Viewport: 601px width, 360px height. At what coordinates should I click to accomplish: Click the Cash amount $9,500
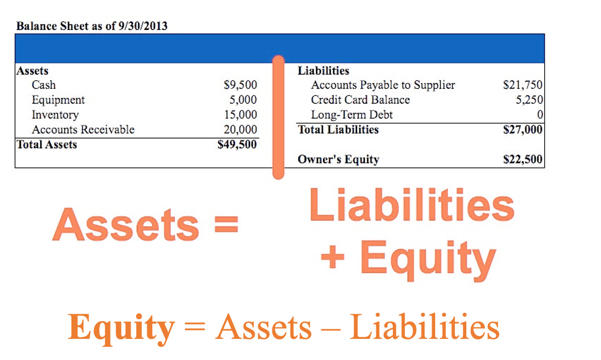(240, 85)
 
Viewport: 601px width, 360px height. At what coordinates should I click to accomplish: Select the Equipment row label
(58, 100)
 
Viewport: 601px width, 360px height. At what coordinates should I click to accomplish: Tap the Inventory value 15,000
(240, 115)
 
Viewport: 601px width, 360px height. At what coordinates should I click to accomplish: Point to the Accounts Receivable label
(83, 130)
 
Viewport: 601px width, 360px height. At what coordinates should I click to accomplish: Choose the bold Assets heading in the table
(32, 71)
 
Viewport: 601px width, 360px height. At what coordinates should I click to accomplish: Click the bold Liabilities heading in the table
(323, 71)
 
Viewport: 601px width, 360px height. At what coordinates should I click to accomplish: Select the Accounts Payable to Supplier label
(383, 85)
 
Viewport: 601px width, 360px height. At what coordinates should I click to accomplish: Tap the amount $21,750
(523, 85)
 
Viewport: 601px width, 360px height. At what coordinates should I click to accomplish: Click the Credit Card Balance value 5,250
(529, 100)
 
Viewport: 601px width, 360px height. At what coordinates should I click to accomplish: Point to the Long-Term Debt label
(352, 115)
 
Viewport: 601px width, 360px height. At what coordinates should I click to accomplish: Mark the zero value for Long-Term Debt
(540, 115)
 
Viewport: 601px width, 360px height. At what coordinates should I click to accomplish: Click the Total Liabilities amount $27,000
(523, 130)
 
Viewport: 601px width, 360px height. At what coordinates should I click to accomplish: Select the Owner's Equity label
(338, 160)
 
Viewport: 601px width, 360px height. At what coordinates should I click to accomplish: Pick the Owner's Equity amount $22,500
(523, 160)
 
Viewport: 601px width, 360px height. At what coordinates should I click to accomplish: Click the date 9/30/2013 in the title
(143, 26)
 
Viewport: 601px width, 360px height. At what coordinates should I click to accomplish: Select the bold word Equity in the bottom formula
(121, 327)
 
